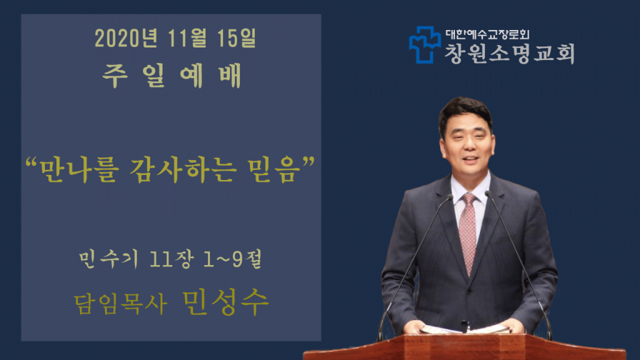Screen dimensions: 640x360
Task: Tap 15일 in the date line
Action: (237, 38)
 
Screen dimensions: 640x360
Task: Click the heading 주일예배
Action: (172, 76)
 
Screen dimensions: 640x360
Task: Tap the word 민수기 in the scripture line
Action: (109, 259)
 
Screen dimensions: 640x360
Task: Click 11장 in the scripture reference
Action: (171, 259)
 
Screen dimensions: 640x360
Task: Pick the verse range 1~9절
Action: (232, 259)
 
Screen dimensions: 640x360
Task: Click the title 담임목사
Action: (121, 304)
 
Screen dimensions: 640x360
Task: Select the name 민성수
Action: (225, 302)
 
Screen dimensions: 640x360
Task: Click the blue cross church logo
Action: (425, 45)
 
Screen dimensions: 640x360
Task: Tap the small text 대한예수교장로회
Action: (487, 34)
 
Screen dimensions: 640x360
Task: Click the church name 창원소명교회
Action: (509, 54)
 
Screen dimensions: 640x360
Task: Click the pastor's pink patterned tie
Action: (467, 233)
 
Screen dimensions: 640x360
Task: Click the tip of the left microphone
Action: (450, 197)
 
